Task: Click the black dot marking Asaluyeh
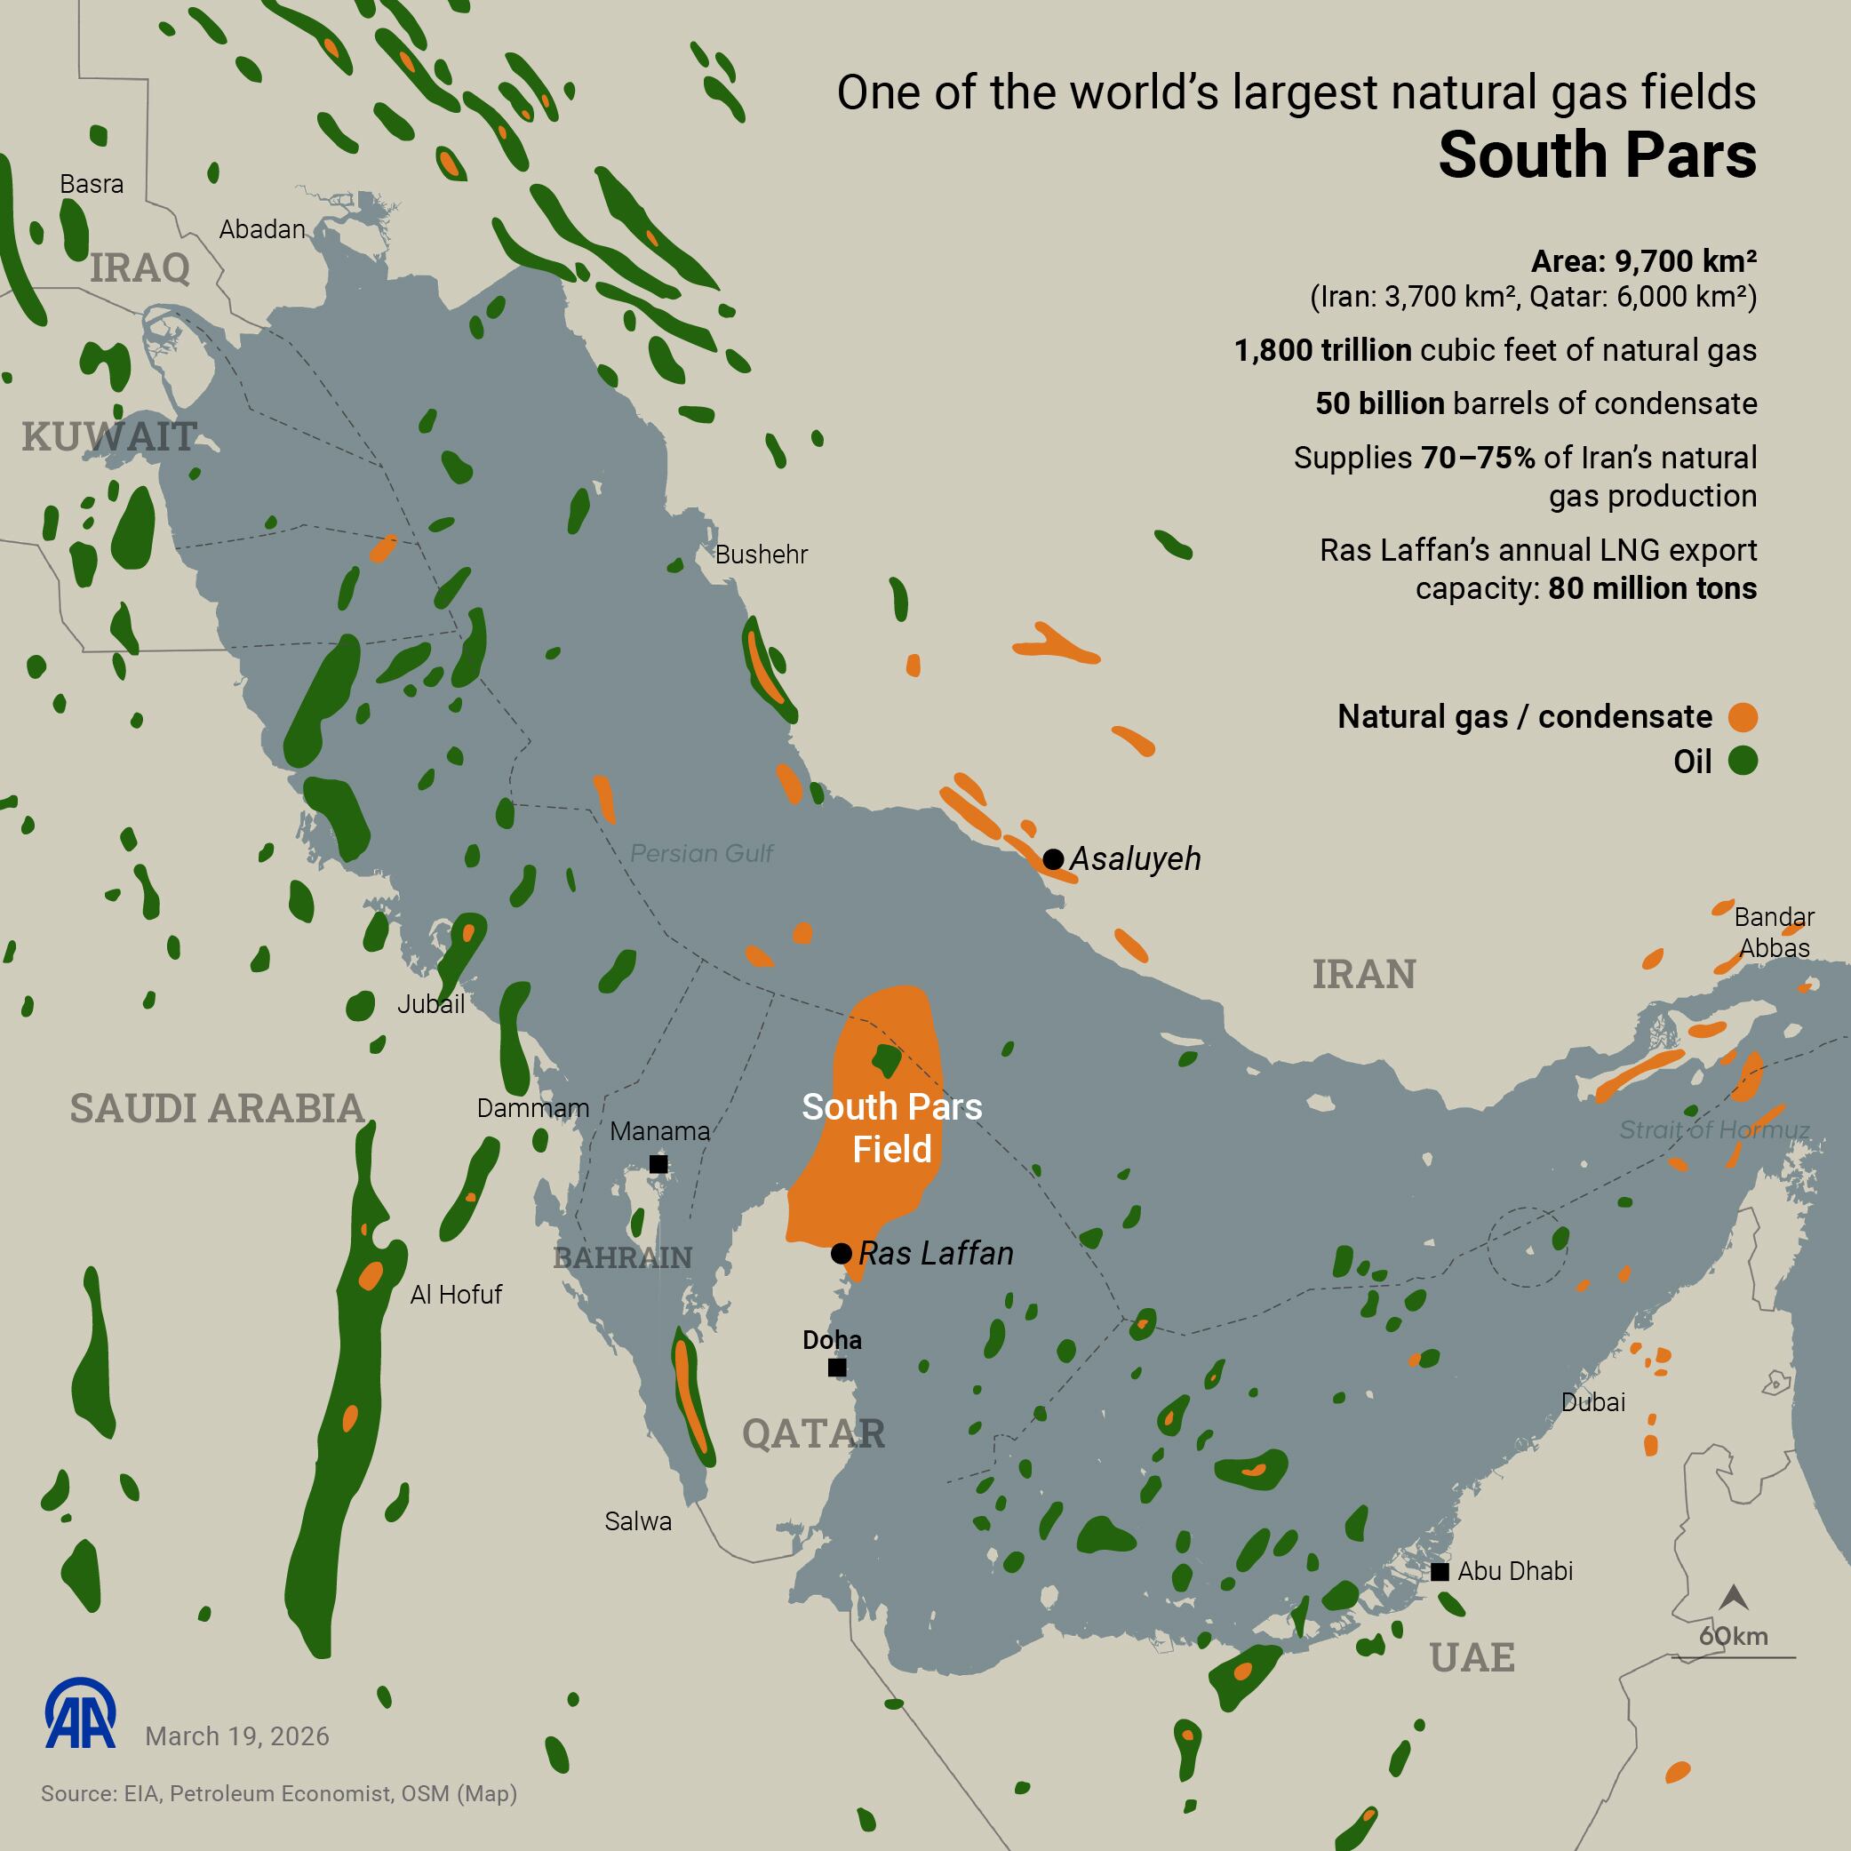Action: (1053, 858)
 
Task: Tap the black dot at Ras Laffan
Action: (842, 1253)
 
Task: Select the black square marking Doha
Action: (836, 1368)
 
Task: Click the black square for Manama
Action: (658, 1164)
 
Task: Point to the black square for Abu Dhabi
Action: (1439, 1571)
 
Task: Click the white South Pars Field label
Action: (892, 1128)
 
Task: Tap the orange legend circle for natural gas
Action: (1743, 716)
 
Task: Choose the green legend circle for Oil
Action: (1743, 761)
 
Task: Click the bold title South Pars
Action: (1597, 156)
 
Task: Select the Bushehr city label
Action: (761, 555)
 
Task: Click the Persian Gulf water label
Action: (701, 854)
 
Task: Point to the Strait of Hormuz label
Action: (1714, 1129)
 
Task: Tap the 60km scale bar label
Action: (1733, 1636)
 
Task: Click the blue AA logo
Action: (81, 1713)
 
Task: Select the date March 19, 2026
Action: (236, 1736)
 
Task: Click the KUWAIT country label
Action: (109, 437)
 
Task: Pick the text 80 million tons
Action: (1652, 588)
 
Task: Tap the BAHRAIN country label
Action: (623, 1257)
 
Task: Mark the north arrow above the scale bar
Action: (1734, 1597)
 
